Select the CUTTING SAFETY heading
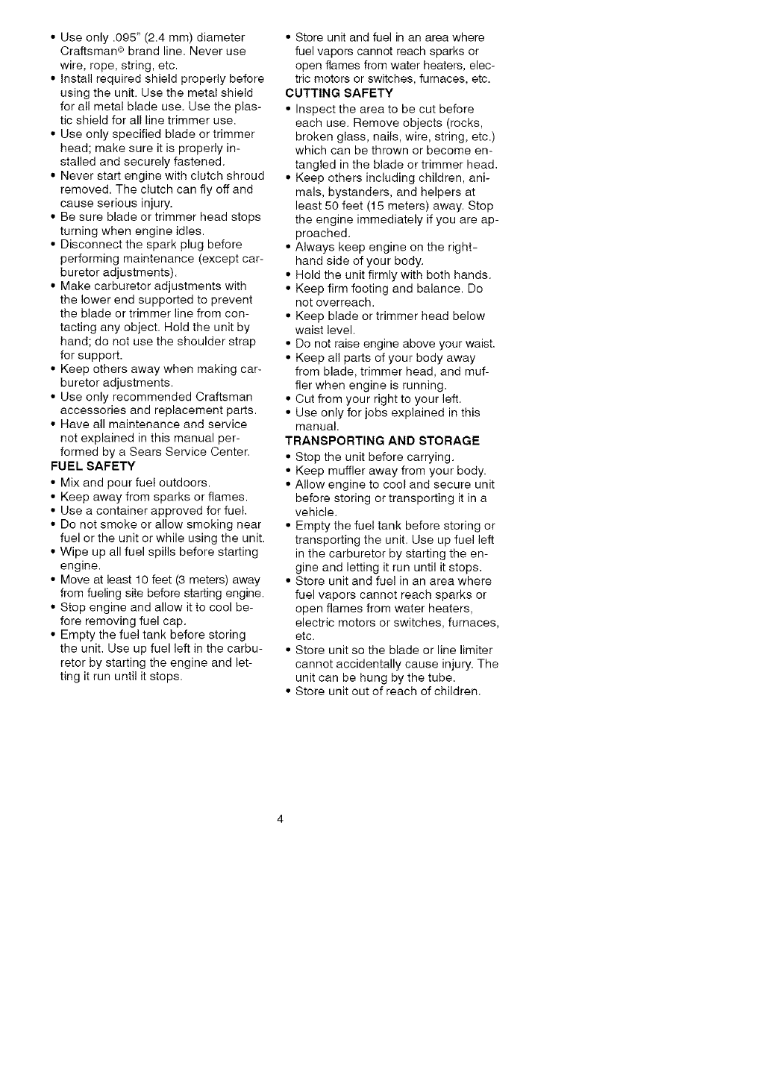point(339,93)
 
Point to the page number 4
point(280,820)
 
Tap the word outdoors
point(186,483)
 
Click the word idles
point(187,231)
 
